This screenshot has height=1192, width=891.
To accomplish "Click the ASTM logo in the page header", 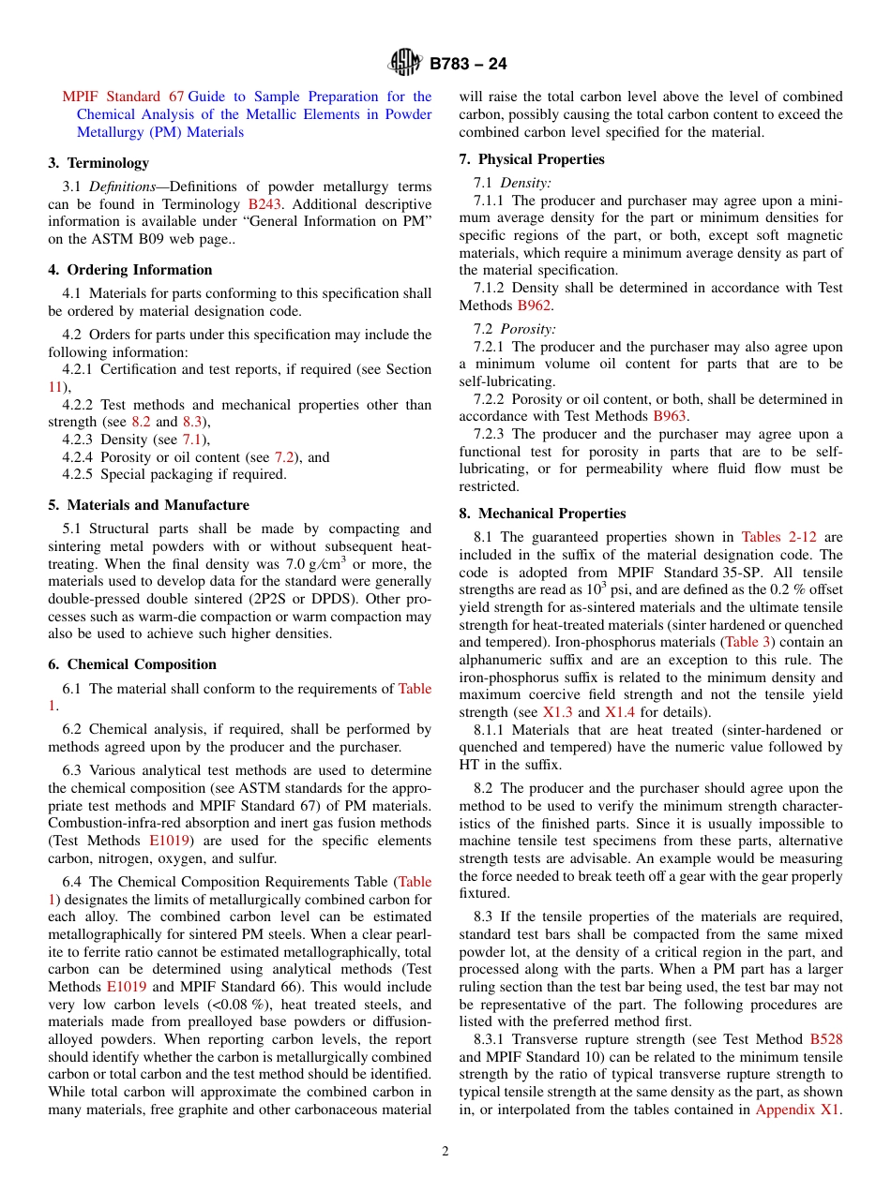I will click(405, 63).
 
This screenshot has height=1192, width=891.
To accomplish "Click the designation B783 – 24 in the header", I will click(468, 64).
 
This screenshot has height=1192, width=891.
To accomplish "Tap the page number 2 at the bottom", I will click(445, 1152).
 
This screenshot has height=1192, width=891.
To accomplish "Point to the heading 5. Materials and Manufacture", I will click(148, 505).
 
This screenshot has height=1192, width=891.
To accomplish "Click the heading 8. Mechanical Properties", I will click(542, 514).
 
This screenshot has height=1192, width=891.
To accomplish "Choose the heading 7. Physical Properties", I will click(532, 159).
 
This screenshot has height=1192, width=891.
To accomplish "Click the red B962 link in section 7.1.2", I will click(534, 305).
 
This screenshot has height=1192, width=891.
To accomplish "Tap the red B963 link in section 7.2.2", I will click(670, 416).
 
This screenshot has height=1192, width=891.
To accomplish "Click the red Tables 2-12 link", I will click(778, 537).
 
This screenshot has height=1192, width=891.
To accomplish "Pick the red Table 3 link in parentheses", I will click(747, 643).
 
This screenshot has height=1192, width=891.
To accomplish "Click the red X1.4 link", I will click(620, 712).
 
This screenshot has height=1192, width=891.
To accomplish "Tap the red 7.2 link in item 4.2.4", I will click(284, 457).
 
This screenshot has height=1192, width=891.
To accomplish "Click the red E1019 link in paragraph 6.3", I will click(170, 842).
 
